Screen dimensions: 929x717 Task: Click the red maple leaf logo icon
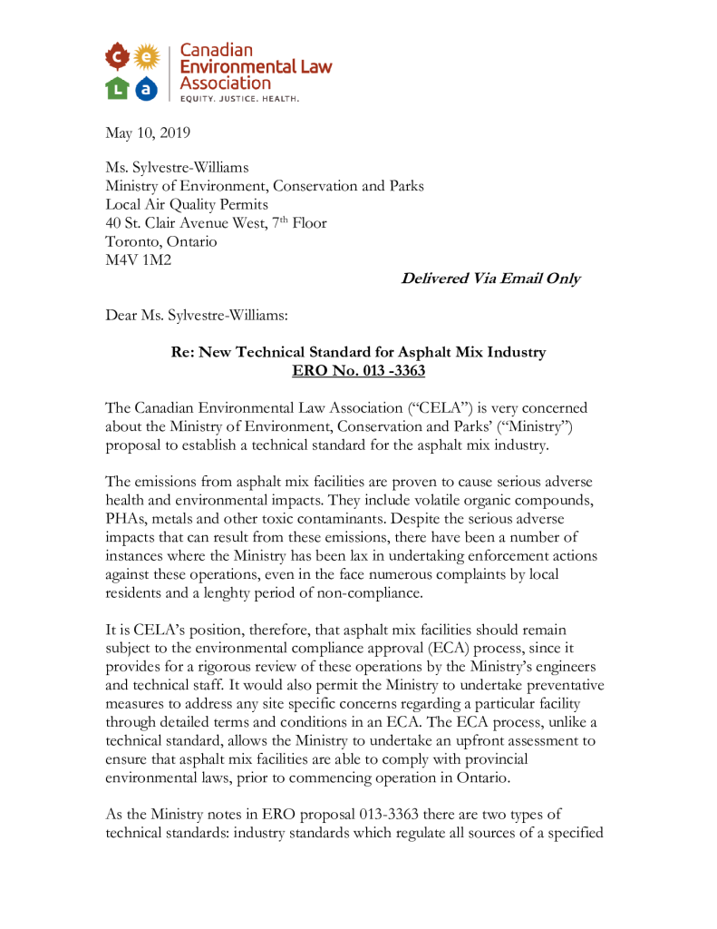(118, 58)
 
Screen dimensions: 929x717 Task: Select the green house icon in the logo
(118, 88)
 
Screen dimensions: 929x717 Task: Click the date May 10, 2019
(148, 133)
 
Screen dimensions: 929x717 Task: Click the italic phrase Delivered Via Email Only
(490, 279)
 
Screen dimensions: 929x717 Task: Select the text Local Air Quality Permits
(187, 204)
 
